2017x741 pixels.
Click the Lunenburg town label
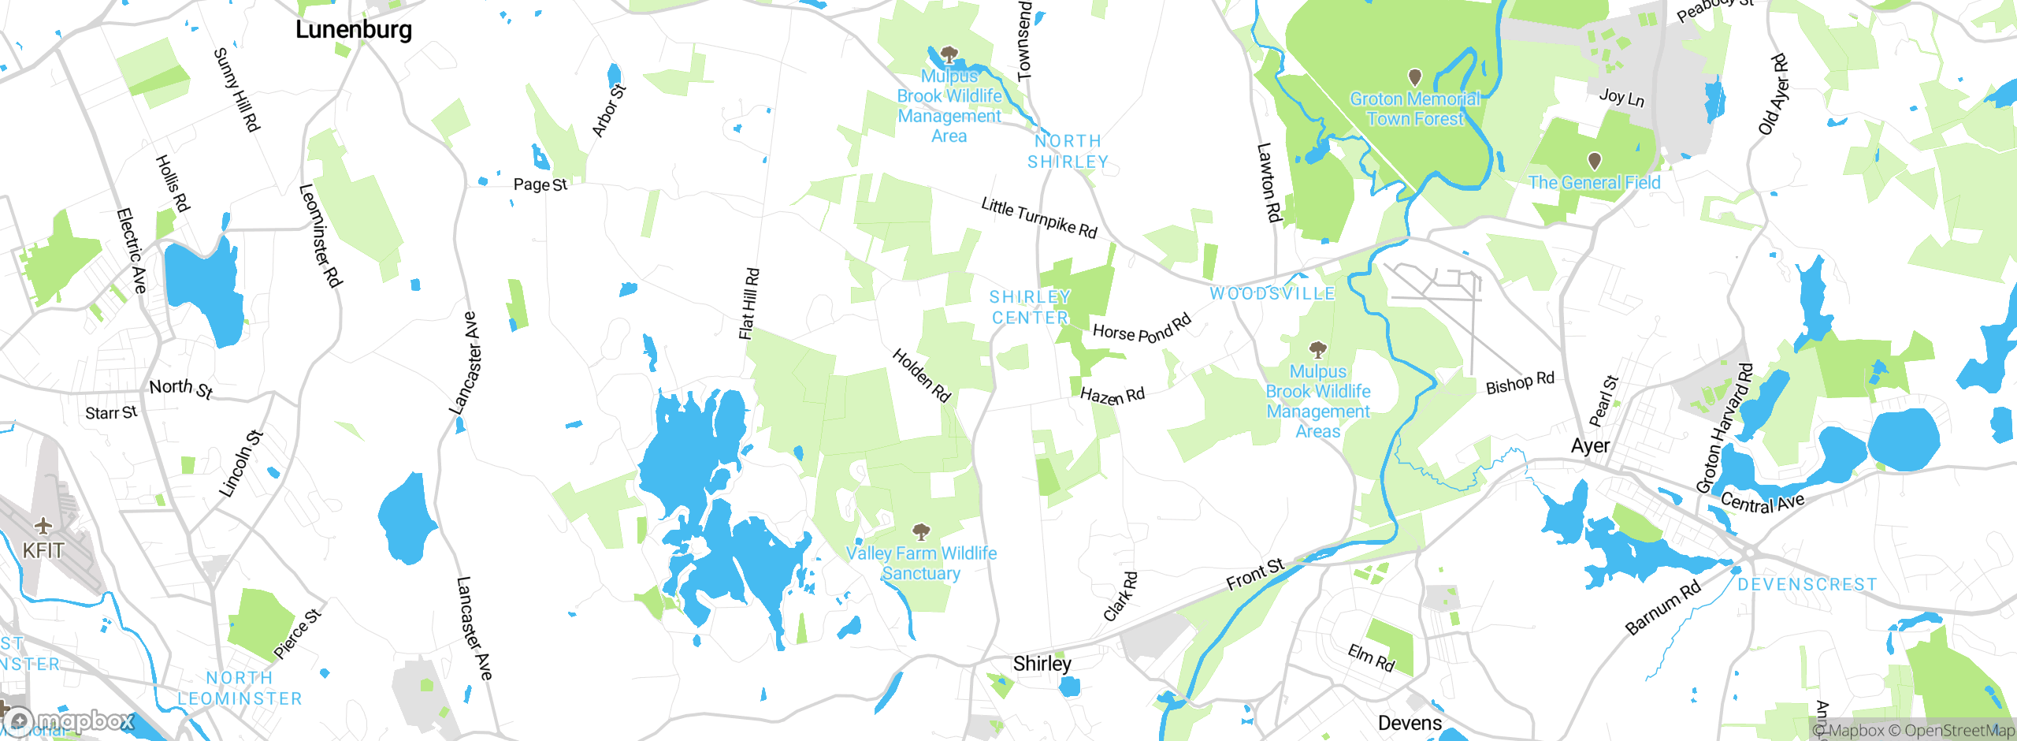(353, 30)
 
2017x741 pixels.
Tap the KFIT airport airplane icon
(43, 526)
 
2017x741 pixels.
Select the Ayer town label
(1590, 446)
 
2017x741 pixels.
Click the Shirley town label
(1042, 664)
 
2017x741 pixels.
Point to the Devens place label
(1410, 723)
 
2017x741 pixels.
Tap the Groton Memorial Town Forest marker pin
(1415, 77)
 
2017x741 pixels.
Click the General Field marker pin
(1594, 161)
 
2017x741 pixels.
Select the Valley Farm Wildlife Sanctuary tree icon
(921, 531)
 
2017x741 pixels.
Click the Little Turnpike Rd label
(1038, 218)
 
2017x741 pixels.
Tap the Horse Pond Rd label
(1142, 329)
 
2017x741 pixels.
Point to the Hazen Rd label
(1112, 395)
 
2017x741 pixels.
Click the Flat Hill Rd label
(749, 303)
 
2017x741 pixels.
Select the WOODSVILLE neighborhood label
(1272, 294)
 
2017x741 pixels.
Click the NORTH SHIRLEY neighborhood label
(1068, 151)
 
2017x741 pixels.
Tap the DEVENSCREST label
(1807, 585)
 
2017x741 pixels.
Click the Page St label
(540, 184)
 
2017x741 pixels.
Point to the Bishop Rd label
(1519, 383)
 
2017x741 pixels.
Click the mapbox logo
(69, 721)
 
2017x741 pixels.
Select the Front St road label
(1255, 575)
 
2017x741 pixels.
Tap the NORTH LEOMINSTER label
(240, 688)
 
